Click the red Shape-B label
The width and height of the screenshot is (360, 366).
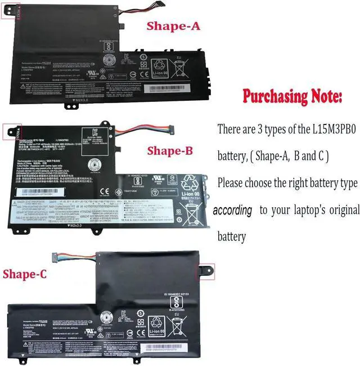(x=170, y=150)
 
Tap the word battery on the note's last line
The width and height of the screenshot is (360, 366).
(x=232, y=236)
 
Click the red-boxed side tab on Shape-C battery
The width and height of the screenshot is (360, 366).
(x=202, y=269)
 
